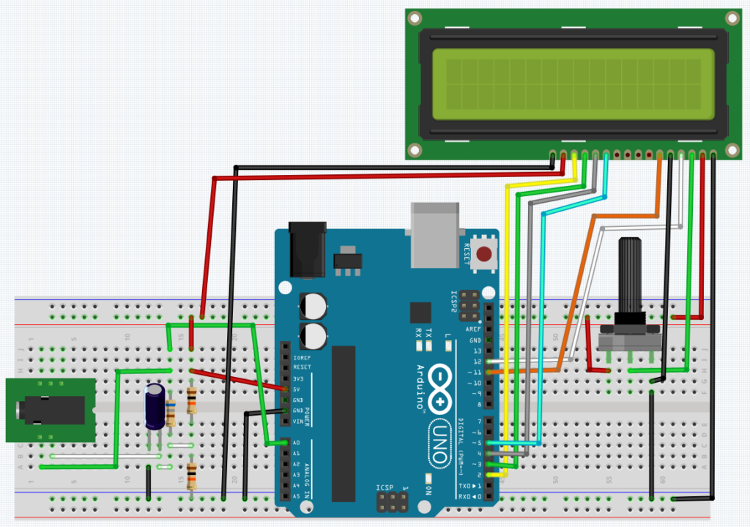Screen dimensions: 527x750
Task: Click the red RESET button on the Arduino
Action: pyautogui.click(x=484, y=255)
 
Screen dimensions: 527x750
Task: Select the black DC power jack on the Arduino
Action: pyautogui.click(x=307, y=250)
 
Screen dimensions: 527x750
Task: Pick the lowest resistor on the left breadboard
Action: pyautogui.click(x=191, y=476)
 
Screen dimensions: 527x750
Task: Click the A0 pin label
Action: pyautogui.click(x=296, y=443)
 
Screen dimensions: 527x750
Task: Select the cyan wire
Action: pyautogui.click(x=542, y=293)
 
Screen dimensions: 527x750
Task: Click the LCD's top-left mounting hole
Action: pyautogui.click(x=415, y=17)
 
